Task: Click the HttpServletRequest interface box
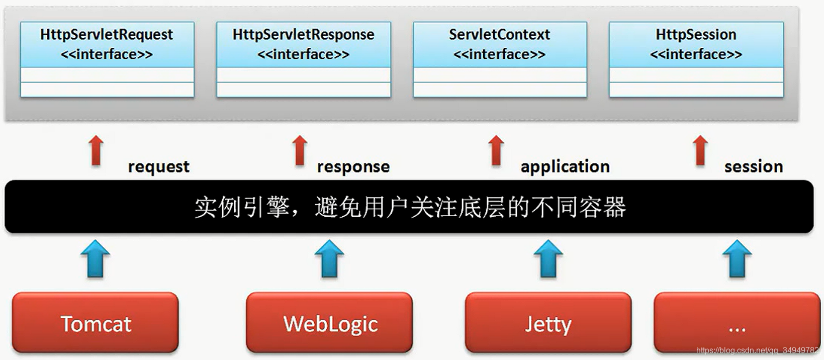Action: (107, 59)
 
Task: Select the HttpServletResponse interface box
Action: (303, 59)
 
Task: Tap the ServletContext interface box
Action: (500, 59)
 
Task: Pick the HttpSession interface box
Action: (696, 59)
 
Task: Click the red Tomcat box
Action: (96, 323)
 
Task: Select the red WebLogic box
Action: (329, 323)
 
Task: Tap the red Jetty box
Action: (548, 323)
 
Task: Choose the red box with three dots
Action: (737, 323)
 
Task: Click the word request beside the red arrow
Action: (158, 167)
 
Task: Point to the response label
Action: (353, 167)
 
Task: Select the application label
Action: (565, 167)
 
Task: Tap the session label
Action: (754, 167)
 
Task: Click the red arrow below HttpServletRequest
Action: (96, 150)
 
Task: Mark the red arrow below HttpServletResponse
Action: (300, 150)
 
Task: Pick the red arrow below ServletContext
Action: (496, 150)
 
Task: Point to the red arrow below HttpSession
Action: (700, 150)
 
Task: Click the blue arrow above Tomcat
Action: (96, 258)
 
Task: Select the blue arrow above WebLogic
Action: (329, 258)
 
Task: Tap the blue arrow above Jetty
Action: (548, 258)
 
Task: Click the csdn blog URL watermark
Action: (758, 350)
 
